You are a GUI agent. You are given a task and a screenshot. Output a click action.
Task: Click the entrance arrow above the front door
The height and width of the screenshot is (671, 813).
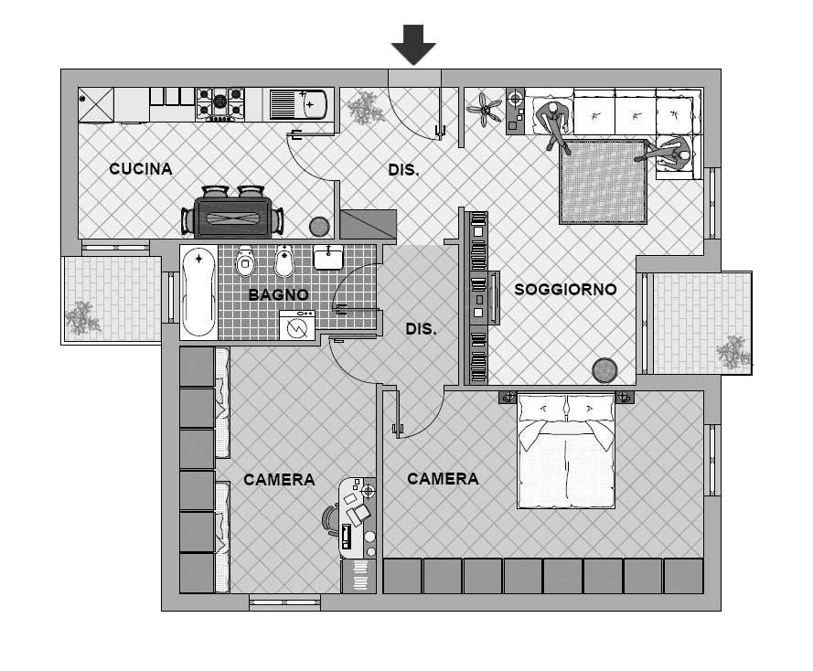(413, 44)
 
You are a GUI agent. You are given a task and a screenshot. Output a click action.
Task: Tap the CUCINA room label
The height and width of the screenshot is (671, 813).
(141, 169)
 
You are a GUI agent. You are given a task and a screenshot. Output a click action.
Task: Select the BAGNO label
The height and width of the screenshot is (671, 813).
(278, 294)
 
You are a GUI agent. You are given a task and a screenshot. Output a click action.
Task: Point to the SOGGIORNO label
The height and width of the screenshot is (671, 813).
(565, 289)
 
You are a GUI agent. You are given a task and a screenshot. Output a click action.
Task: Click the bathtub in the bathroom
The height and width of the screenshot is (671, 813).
(198, 293)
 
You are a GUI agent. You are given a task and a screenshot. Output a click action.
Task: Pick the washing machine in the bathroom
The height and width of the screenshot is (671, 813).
(297, 325)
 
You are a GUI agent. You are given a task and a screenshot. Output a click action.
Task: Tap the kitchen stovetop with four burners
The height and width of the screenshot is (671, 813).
(219, 103)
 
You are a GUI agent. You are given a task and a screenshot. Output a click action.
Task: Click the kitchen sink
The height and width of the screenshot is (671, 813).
(298, 103)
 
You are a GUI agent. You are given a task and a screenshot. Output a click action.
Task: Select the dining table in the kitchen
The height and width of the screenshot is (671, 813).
(233, 218)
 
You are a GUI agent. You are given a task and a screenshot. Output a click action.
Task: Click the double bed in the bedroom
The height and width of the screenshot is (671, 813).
(566, 451)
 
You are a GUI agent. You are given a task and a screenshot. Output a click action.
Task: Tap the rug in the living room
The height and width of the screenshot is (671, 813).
(604, 182)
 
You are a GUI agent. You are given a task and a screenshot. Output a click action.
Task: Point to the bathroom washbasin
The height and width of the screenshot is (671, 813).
(328, 258)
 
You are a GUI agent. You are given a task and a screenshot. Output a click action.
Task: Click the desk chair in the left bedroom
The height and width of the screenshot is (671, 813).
(330, 518)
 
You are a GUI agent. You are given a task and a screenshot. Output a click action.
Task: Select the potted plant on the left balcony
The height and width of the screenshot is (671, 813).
(82, 317)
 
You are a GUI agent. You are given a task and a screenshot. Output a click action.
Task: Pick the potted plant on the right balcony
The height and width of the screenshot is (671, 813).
(733, 352)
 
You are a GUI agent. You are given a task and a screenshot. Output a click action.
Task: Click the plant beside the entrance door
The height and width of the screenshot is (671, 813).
(366, 108)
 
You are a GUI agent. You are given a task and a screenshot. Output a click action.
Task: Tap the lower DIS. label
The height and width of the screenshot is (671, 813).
(421, 328)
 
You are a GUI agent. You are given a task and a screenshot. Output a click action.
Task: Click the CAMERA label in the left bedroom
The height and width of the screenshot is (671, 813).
(279, 480)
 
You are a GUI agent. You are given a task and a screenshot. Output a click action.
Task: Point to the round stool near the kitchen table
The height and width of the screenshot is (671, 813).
(319, 227)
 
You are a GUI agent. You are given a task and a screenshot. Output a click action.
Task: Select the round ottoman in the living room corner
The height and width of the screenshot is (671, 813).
(604, 370)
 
